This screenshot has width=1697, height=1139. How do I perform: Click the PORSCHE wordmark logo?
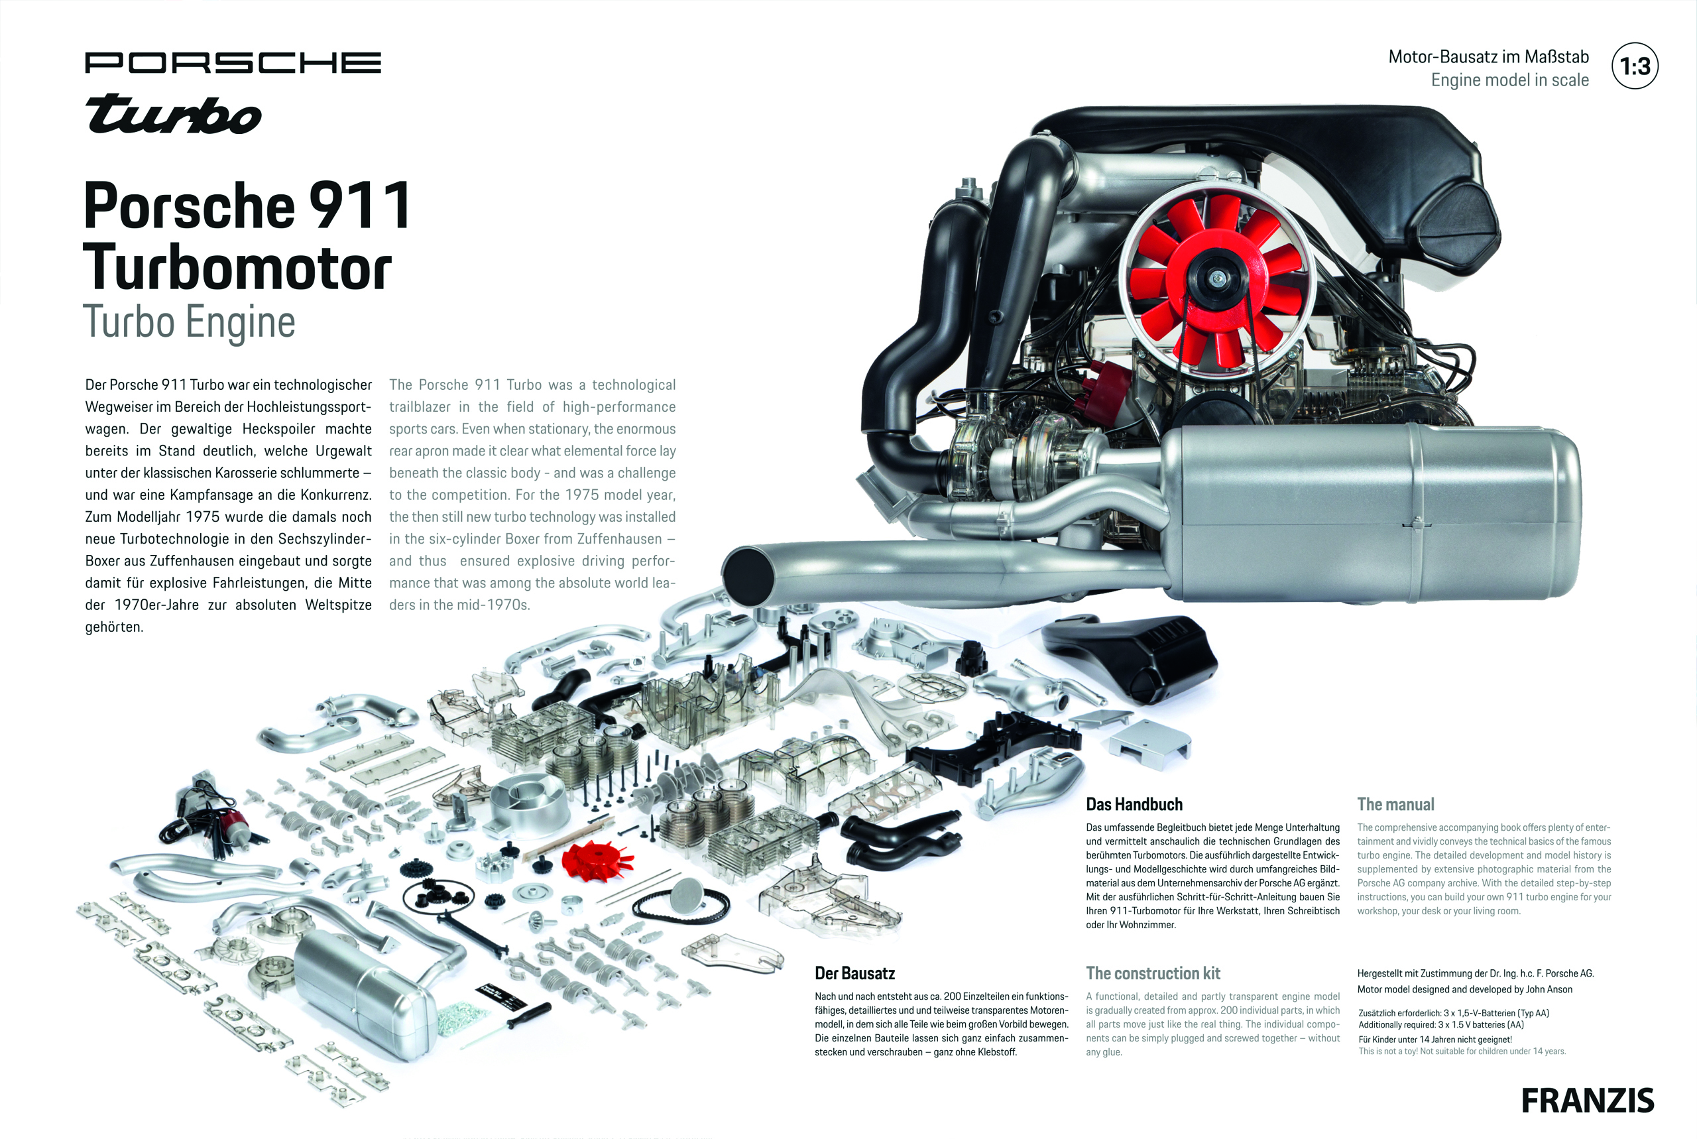point(233,62)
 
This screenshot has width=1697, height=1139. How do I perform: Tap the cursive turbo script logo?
point(173,115)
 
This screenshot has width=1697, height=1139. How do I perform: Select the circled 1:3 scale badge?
point(1634,67)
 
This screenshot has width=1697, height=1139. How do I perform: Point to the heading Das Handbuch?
point(1134,804)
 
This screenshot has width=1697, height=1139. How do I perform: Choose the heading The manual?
point(1395,804)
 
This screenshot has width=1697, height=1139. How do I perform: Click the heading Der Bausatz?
point(854,973)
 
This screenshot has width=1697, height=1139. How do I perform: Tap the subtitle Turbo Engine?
point(189,322)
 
